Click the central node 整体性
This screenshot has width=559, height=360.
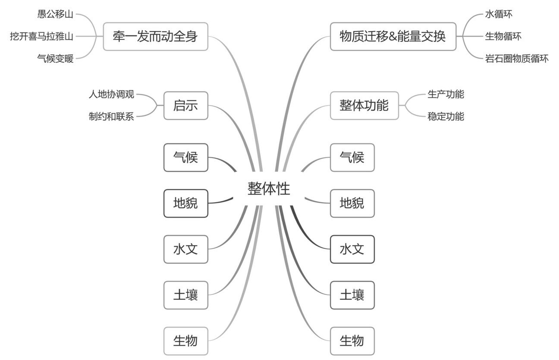click(269, 189)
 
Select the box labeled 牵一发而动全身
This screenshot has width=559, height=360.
click(155, 37)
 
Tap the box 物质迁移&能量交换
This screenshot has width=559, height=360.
click(393, 37)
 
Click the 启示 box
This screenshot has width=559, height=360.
click(185, 106)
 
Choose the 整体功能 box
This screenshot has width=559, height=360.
click(364, 106)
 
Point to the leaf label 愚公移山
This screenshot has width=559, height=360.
click(55, 14)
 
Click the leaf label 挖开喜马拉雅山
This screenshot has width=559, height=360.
click(42, 36)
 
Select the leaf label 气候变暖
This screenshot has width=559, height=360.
click(55, 59)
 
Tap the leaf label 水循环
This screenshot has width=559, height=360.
click(499, 14)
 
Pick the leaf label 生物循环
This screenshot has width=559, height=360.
click(503, 36)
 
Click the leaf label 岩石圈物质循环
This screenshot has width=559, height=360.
click(517, 59)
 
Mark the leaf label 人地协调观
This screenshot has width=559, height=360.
click(111, 94)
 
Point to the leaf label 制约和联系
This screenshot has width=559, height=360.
click(111, 117)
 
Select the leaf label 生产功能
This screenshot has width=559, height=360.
click(446, 94)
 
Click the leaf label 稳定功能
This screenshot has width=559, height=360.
click(446, 117)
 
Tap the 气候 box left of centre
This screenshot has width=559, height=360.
click(185, 157)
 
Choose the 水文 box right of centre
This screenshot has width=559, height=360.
click(352, 249)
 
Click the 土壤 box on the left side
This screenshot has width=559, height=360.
click(185, 295)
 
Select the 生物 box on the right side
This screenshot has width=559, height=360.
click(352, 341)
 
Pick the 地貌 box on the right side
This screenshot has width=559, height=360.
click(352, 203)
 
